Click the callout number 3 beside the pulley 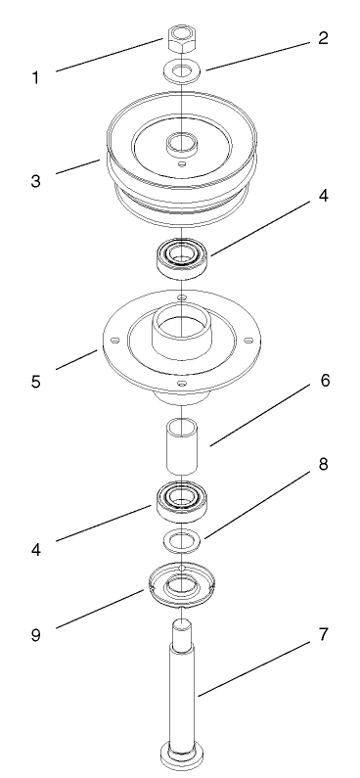[x=36, y=180]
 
